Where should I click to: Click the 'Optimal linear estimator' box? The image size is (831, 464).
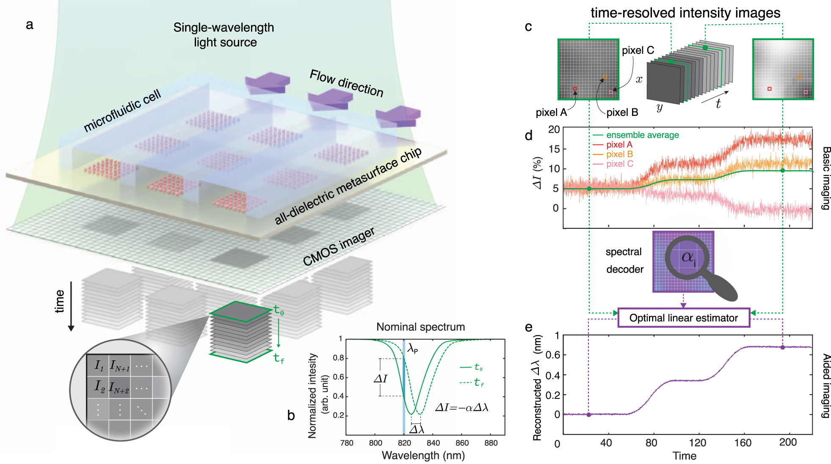coord(684,318)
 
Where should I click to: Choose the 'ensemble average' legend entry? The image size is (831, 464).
coord(636,135)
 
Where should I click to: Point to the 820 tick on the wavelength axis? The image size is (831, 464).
coord(404,443)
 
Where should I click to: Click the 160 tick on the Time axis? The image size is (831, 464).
coord(743,443)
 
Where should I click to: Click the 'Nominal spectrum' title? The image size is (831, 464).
coord(421,327)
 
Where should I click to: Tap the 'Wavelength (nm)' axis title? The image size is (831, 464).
coord(423,456)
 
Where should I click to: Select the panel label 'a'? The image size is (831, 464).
coord(29,25)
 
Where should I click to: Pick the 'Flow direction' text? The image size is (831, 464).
coord(347,83)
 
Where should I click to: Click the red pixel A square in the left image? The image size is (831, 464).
coord(575,89)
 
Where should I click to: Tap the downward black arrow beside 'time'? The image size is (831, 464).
coord(71,306)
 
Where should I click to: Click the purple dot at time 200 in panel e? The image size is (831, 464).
coord(782,347)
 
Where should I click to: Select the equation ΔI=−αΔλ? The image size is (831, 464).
coord(462,408)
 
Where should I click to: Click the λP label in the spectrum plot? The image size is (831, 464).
coord(413,349)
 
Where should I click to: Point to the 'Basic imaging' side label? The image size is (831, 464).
coord(826,178)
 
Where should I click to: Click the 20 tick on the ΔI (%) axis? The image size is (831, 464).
coord(554,129)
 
